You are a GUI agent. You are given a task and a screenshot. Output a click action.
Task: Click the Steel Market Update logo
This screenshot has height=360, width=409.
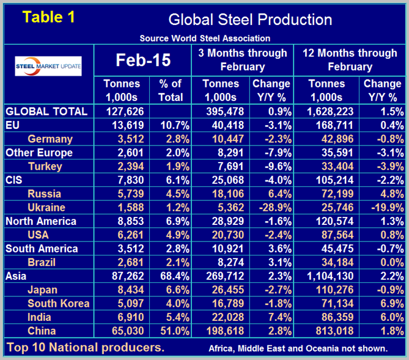pyautogui.click(x=48, y=65)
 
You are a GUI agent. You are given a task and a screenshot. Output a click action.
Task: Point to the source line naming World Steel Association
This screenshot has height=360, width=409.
pyautogui.click(x=205, y=38)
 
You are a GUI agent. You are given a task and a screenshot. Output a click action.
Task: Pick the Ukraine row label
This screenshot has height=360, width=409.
pyautogui.click(x=47, y=207)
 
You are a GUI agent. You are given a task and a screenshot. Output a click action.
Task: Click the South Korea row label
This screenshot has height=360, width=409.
pyautogui.click(x=59, y=304)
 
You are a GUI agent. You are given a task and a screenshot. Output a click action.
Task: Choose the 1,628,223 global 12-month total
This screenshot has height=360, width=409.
pyautogui.click(x=326, y=111)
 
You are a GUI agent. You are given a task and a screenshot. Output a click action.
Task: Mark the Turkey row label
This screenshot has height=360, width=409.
pyautogui.click(x=45, y=166)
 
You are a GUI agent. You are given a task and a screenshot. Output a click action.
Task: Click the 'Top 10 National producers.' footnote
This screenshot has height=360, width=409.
pyautogui.click(x=86, y=348)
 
